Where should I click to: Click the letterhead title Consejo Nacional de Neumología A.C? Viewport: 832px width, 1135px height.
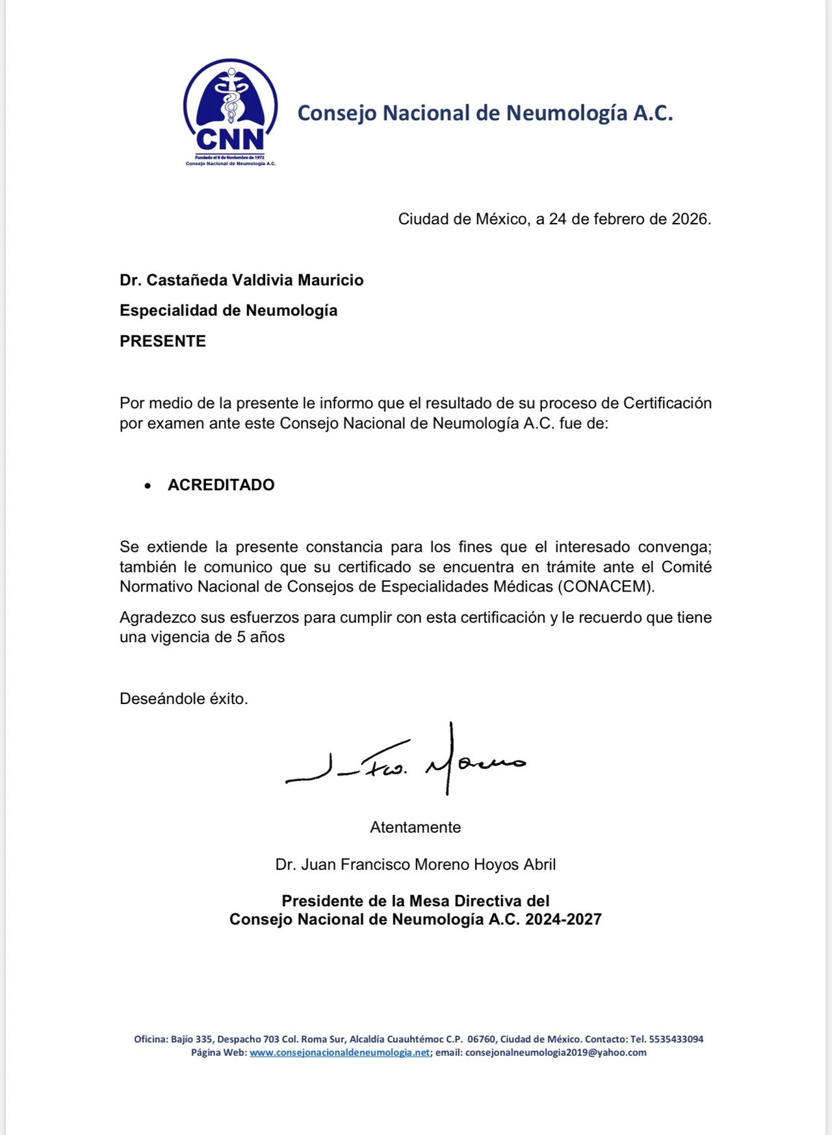[x=485, y=113]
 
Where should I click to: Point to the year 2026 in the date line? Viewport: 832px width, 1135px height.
[x=689, y=219]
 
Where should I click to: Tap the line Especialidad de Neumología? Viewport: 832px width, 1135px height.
[x=228, y=311]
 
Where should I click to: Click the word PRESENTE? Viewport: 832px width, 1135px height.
[x=162, y=341]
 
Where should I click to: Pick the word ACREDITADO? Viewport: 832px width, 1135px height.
[x=221, y=485]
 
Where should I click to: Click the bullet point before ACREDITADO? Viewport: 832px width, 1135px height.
[x=148, y=486]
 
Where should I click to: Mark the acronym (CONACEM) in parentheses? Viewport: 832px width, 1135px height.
[x=606, y=586]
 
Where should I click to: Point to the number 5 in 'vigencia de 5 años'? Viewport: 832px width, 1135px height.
[x=240, y=637]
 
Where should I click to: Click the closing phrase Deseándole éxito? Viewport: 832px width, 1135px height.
[x=184, y=699]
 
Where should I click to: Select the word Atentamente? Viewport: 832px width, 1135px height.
[x=415, y=828]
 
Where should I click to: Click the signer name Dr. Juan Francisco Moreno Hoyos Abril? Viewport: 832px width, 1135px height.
[x=415, y=865]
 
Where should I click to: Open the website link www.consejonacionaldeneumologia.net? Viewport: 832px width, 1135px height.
[x=339, y=1052]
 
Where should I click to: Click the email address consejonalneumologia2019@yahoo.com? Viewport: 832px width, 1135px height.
[x=556, y=1052]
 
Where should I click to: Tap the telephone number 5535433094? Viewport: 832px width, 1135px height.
[x=676, y=1039]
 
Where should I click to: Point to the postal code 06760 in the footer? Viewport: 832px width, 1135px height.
[x=481, y=1039]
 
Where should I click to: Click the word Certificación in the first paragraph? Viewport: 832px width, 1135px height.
[x=668, y=403]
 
